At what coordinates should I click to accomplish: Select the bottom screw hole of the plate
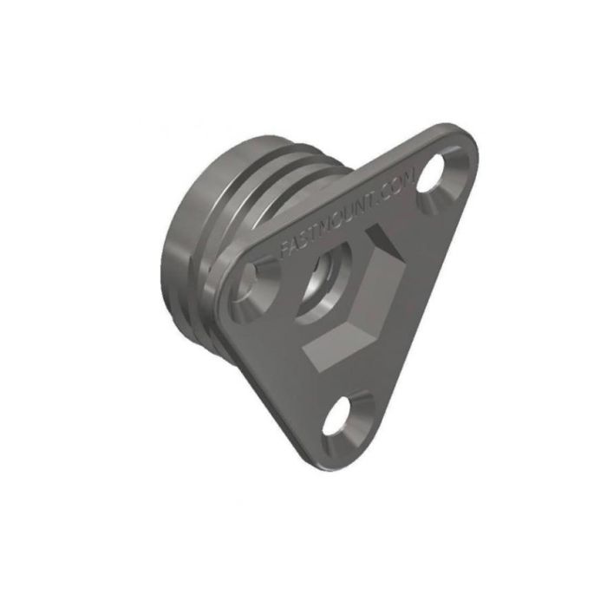[x=343, y=420]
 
